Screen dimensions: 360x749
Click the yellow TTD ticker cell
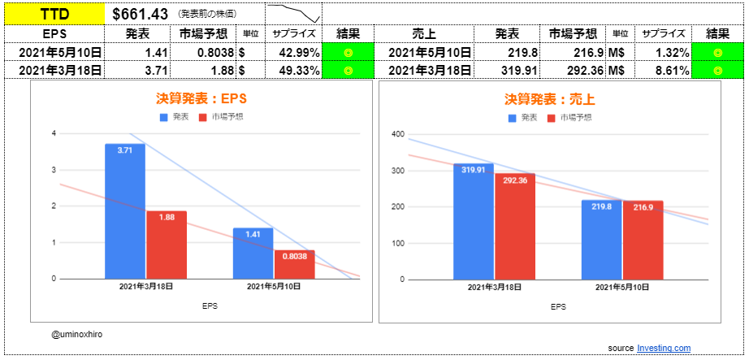(x=54, y=14)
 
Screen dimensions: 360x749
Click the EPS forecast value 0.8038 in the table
(x=213, y=53)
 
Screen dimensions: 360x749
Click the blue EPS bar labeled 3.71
(x=125, y=211)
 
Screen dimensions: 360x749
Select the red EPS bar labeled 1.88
(x=166, y=245)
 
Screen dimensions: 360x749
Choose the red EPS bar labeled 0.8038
(x=293, y=264)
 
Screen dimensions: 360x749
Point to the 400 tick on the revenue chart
(x=398, y=134)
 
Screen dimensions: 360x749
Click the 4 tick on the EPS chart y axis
(x=54, y=133)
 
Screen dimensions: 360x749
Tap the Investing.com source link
(x=664, y=347)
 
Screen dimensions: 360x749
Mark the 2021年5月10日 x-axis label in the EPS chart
(x=273, y=287)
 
